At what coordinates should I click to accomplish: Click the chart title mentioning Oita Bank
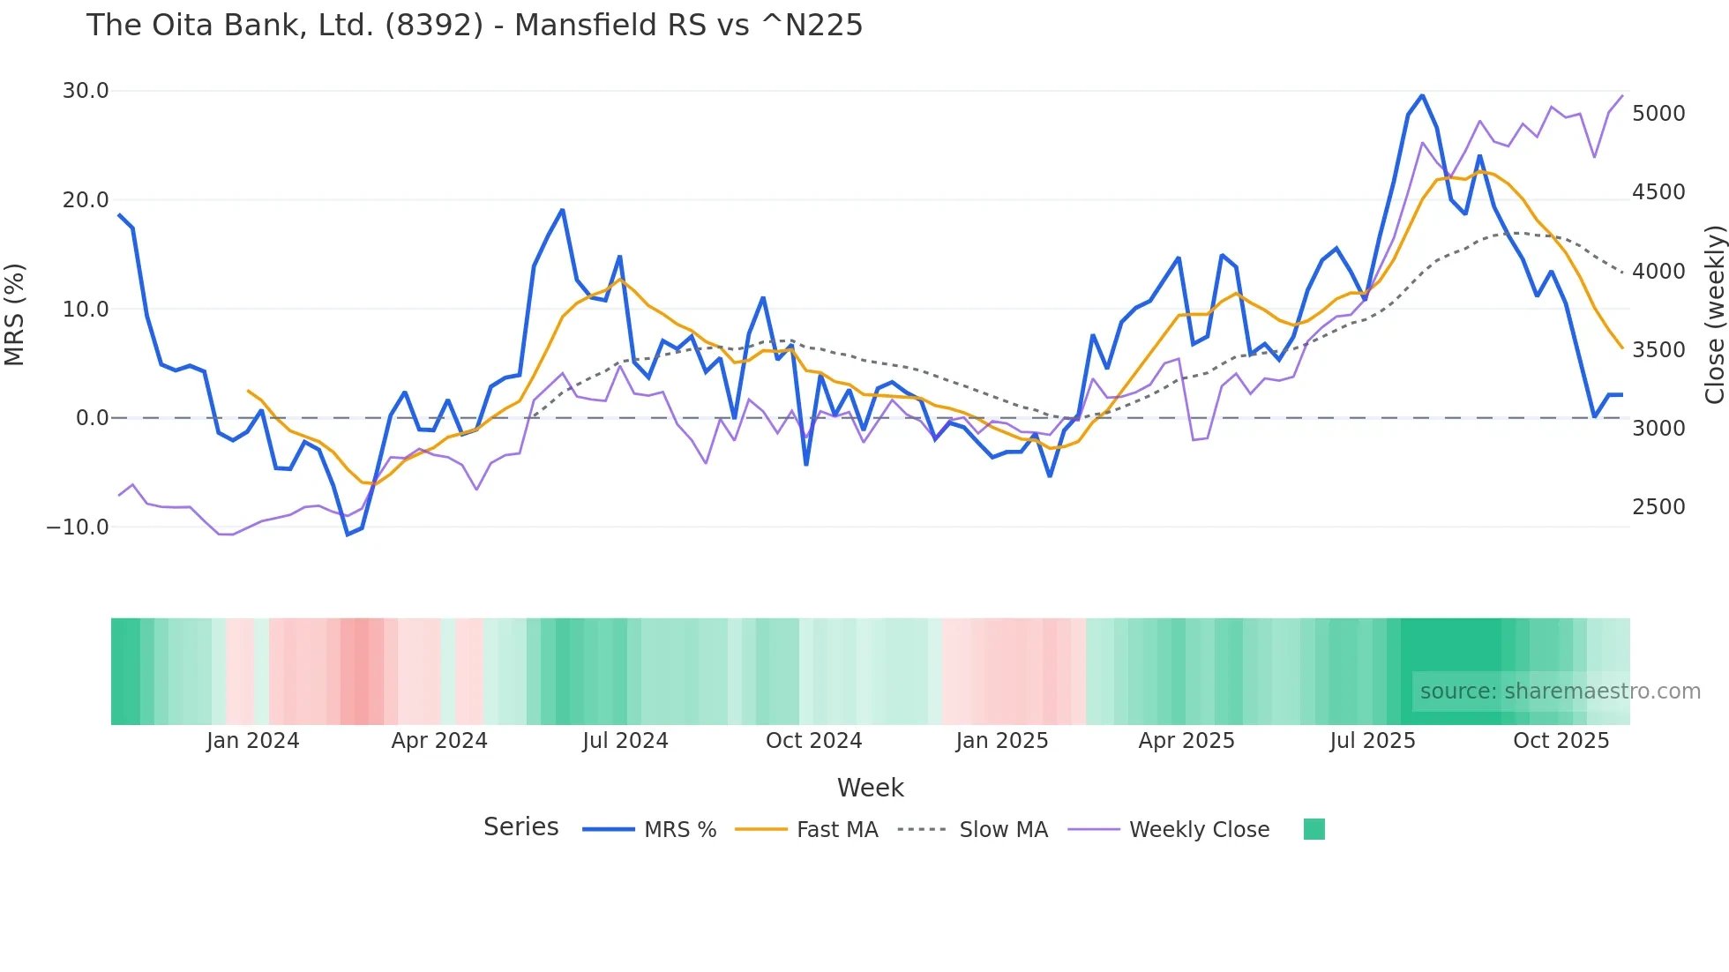[x=474, y=25]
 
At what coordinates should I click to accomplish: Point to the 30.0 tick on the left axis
[x=85, y=91]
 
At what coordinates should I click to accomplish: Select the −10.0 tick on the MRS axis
[x=78, y=527]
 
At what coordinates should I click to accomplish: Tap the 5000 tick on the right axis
[x=1658, y=114]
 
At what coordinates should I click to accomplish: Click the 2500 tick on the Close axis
[x=1658, y=507]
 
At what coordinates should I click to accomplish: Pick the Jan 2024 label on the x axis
[x=252, y=741]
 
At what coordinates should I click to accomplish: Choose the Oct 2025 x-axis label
[x=1561, y=741]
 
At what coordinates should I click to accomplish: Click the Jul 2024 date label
[x=625, y=741]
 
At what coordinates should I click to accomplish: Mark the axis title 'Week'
[x=870, y=788]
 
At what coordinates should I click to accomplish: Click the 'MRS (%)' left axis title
[x=15, y=314]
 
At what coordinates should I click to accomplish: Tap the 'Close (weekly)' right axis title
[x=1714, y=314]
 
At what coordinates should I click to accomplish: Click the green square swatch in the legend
[x=1314, y=829]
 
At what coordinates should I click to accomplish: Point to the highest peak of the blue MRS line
[x=1422, y=95]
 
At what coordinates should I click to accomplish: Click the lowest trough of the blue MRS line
[x=348, y=535]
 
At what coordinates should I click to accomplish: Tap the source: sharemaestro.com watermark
[x=1560, y=692]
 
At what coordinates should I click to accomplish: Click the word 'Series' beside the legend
[x=520, y=827]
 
